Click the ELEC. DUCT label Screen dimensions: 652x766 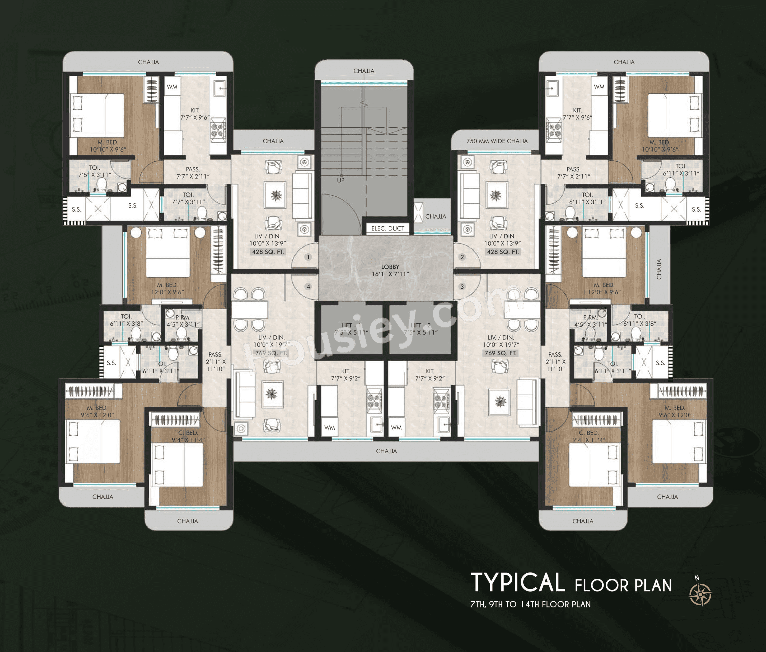coord(387,228)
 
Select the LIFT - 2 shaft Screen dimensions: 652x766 coord(420,329)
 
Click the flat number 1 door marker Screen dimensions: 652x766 coord(308,257)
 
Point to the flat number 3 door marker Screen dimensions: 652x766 coord(462,286)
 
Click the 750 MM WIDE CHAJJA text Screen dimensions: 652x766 coord(497,141)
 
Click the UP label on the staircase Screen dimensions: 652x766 coord(340,180)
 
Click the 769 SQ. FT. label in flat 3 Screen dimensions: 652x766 coord(500,353)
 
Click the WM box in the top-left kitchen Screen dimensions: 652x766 coord(172,87)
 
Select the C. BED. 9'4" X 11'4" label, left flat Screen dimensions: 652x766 coord(188,436)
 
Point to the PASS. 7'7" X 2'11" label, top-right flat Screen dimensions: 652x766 coord(573,173)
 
